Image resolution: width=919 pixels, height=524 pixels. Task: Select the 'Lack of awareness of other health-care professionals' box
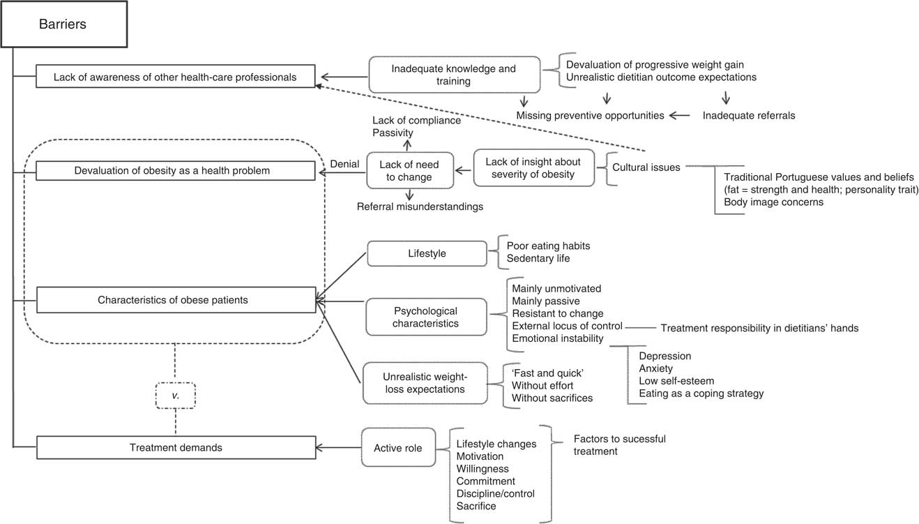(175, 77)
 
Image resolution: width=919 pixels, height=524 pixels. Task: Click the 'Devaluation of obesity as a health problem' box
(175, 170)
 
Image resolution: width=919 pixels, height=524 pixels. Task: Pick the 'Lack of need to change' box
(405, 170)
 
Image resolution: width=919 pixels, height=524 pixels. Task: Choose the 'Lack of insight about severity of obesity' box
(534, 167)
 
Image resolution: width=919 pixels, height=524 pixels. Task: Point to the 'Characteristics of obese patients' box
(175, 301)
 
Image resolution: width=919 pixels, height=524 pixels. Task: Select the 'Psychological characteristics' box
(425, 317)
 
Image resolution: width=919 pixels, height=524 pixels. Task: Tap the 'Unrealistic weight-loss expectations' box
(424, 383)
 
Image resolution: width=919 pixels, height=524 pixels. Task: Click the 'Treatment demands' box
(175, 447)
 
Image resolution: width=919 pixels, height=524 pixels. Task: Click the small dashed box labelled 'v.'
(176, 395)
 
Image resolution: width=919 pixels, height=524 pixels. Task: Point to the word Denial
(344, 165)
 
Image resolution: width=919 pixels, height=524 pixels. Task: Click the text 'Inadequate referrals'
(748, 115)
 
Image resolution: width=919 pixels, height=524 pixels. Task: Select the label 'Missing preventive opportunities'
(590, 115)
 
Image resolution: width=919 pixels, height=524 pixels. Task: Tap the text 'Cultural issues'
(646, 167)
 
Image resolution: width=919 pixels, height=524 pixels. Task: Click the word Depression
(664, 355)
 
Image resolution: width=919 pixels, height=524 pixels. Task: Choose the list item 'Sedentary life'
(539, 259)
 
